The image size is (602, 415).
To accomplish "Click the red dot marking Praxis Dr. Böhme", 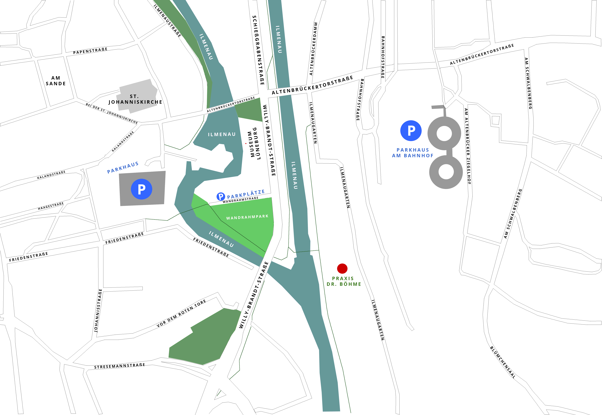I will coord(342,268).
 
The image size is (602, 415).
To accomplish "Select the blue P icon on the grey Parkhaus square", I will coord(142,189).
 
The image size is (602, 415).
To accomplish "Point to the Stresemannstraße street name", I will coord(119,366).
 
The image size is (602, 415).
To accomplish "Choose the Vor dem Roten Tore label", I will coord(181,313).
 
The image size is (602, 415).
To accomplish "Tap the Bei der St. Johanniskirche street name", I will coord(112,113).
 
